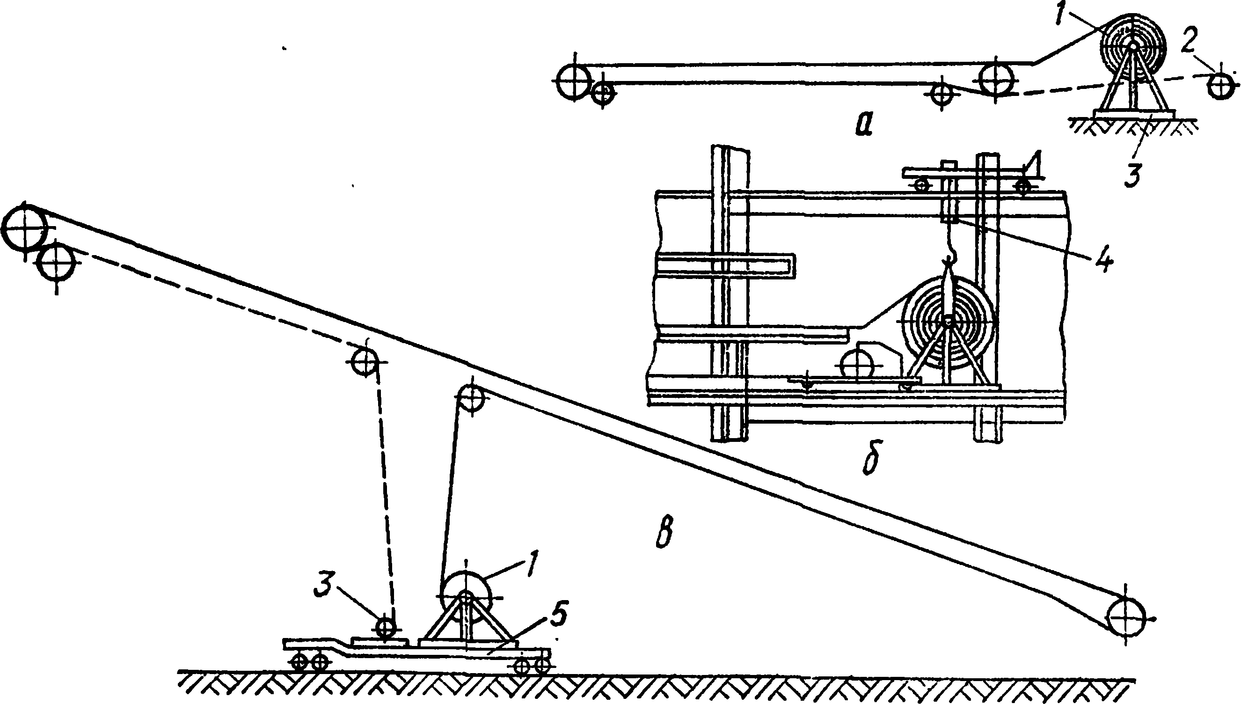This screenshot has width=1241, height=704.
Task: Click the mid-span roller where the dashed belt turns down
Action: click(366, 361)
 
